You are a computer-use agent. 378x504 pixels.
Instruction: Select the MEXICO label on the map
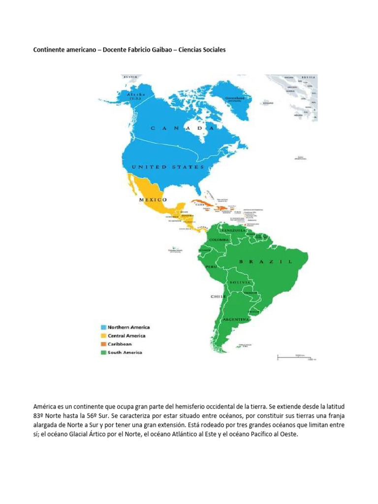153,200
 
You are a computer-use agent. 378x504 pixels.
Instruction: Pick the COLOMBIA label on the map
220,240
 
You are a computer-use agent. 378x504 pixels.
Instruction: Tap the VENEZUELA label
233,230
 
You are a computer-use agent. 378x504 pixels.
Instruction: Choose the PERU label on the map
211,266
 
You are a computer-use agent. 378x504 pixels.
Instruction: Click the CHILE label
219,297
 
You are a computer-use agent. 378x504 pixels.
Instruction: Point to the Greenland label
234,98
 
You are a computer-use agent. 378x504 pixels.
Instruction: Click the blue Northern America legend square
103,327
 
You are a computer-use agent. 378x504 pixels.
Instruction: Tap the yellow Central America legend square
103,336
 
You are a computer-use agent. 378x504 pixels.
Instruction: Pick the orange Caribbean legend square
103,344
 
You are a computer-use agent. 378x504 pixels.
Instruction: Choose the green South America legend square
103,352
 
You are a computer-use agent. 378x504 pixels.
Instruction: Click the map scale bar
294,356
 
